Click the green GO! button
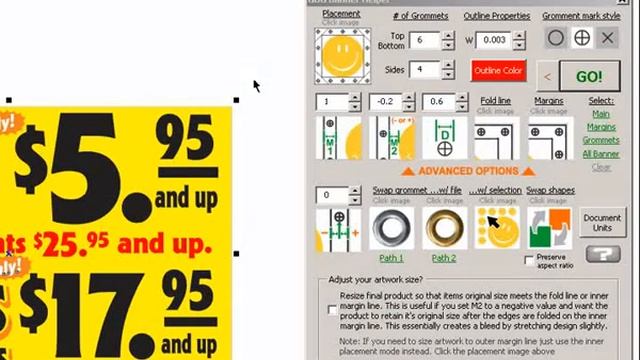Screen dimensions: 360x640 (589, 76)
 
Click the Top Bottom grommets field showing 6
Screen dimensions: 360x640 (422, 40)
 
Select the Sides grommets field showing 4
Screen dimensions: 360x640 (422, 70)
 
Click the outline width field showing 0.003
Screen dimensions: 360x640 (493, 40)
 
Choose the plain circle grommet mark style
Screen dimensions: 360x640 (555, 38)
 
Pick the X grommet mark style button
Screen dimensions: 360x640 (607, 38)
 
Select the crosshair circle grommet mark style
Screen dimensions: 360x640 (581, 38)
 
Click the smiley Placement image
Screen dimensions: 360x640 (342, 55)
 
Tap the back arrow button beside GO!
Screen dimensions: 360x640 (547, 76)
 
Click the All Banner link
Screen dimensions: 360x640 (601, 154)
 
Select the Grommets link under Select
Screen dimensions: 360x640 (601, 141)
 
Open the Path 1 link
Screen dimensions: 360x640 (391, 258)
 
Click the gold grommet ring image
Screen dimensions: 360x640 (444, 228)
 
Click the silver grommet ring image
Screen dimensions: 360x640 (391, 228)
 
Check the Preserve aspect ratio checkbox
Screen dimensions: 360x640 (529, 260)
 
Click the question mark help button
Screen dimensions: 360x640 (602, 255)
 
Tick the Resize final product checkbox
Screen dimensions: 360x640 (333, 310)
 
